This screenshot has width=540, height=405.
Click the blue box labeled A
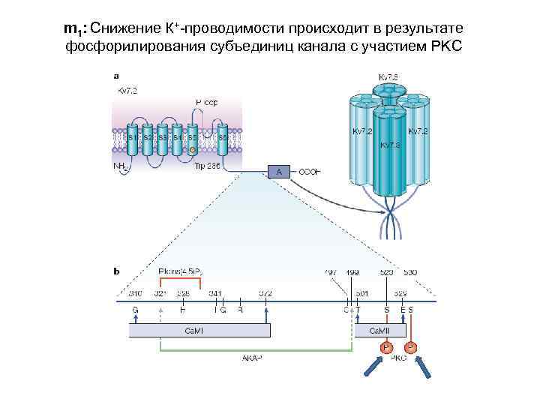279,172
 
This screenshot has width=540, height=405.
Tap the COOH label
310,172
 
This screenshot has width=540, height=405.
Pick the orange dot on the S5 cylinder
193,151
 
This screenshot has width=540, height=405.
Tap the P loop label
206,102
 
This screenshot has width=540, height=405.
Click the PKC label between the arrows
399,359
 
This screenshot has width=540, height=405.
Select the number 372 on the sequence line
266,292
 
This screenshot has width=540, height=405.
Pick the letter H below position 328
183,309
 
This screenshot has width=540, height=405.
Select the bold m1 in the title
73,30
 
